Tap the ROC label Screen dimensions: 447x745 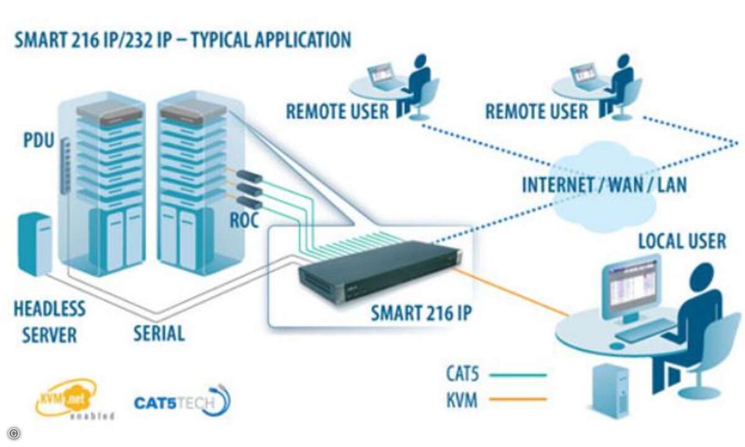pyautogui.click(x=245, y=220)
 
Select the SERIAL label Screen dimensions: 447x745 pyautogui.click(x=159, y=333)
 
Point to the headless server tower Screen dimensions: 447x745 pyautogui.click(x=35, y=243)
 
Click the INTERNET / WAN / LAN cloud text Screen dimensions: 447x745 pyautogui.click(x=604, y=184)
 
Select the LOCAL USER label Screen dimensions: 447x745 pyautogui.click(x=682, y=240)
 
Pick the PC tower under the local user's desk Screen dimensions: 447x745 pyautogui.click(x=610, y=390)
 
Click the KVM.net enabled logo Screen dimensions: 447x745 pyautogui.click(x=66, y=397)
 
